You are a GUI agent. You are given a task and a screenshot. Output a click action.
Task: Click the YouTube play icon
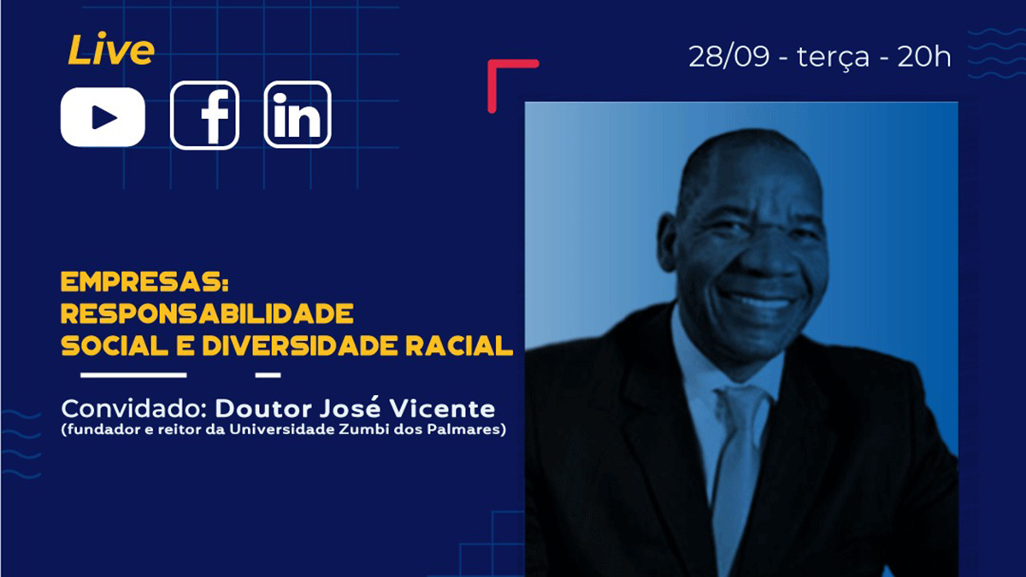pos(103,117)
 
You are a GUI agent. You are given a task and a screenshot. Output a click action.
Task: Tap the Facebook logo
pos(204,115)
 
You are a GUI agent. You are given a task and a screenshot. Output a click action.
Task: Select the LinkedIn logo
pos(298,115)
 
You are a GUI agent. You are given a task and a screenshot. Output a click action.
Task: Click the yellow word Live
pos(111,49)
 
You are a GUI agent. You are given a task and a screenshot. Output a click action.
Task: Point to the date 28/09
pos(728,56)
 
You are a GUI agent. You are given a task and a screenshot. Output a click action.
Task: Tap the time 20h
pos(924,56)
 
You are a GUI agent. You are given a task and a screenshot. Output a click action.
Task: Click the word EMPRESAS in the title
pos(144,281)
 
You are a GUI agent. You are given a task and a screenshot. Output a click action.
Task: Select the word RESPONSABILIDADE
pos(207,314)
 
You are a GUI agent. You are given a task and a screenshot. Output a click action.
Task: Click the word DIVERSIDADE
pos(300,345)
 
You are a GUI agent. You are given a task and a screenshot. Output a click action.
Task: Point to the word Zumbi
pos(358,429)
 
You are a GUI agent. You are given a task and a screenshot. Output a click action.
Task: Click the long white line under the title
pos(133,375)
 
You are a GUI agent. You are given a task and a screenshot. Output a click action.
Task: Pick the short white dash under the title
pos(268,375)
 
